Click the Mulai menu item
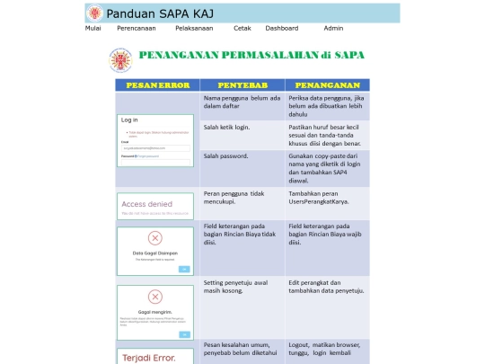click(93, 29)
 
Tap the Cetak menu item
click(242, 29)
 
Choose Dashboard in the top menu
click(281, 29)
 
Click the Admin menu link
click(333, 29)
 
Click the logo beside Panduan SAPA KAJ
click(94, 13)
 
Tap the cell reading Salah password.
click(226, 155)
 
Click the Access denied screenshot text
click(145, 204)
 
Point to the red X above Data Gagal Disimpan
click(154, 238)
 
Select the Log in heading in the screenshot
click(130, 120)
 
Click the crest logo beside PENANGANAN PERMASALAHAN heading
click(119, 60)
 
